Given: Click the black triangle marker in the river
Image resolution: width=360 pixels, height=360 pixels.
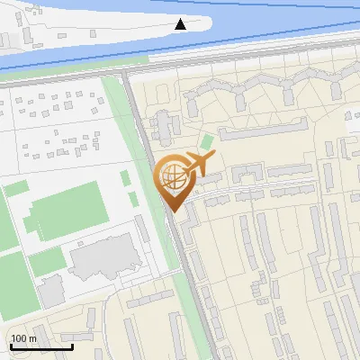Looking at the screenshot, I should click(x=181, y=24).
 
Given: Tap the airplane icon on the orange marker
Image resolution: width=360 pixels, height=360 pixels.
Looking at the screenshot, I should click(x=198, y=165).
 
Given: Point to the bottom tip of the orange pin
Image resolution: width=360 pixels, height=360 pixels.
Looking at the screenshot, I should click(x=171, y=212).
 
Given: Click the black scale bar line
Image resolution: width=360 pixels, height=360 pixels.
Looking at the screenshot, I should click(x=41, y=346).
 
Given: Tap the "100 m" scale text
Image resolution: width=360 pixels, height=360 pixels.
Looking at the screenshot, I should click(x=24, y=338).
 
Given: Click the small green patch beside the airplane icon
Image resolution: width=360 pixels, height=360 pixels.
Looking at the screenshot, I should click(x=207, y=142).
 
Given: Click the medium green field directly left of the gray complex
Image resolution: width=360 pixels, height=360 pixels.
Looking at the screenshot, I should click(x=47, y=262).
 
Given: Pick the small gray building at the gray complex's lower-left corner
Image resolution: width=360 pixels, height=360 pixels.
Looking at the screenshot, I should click(x=51, y=290).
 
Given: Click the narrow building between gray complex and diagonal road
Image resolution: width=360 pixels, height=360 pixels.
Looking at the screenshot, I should click(x=142, y=229).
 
